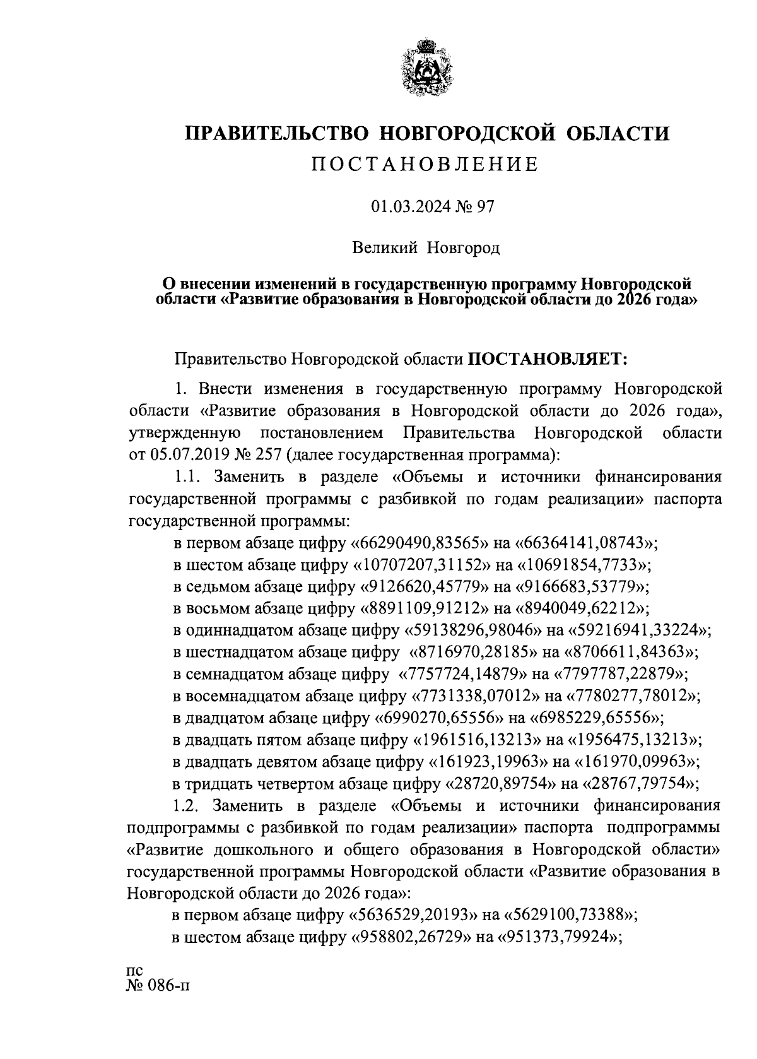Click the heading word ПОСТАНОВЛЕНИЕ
426,165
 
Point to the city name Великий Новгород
426,248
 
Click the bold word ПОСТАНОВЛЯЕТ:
546,359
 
